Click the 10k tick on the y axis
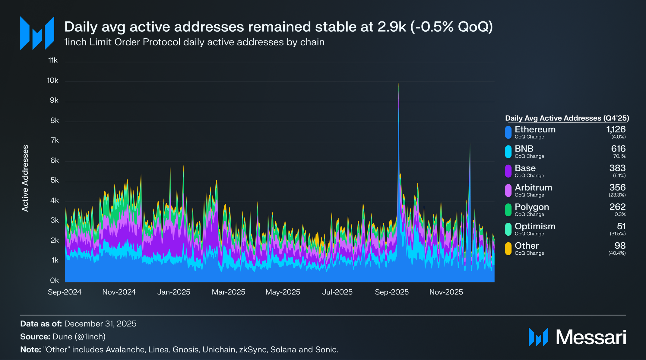coord(53,81)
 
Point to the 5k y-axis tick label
coord(55,180)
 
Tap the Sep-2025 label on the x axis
coord(391,292)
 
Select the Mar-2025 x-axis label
coord(228,292)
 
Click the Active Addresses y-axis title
coord(25,178)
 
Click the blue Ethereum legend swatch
coord(508,132)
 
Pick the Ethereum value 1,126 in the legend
coord(616,129)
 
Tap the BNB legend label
coord(524,149)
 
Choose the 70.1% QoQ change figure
coord(619,156)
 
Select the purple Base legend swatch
coord(508,171)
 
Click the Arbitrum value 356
coord(617,187)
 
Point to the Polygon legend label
coord(532,207)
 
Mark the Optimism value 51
coord(621,226)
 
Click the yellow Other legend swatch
coord(508,249)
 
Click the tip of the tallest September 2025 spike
coord(399,84)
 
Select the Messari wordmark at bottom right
coord(591,337)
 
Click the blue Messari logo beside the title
coord(37,33)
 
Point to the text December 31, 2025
coord(100,324)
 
